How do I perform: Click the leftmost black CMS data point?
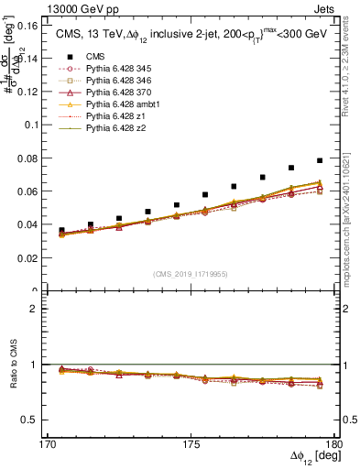click(61, 231)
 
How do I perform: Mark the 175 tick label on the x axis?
click(191, 443)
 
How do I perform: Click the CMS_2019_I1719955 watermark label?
click(190, 273)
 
